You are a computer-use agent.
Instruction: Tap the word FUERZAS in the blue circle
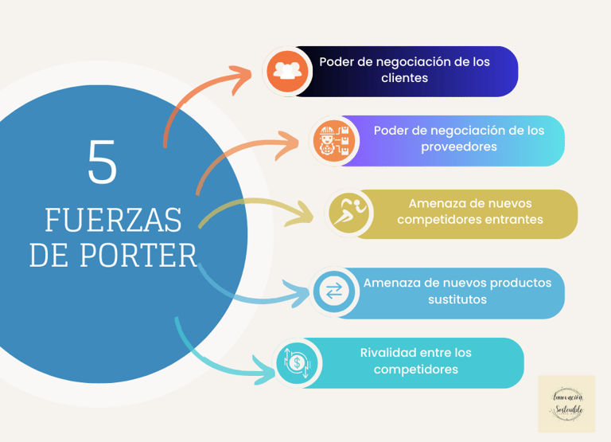(x=113, y=219)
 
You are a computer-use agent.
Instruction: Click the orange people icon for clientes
(x=286, y=71)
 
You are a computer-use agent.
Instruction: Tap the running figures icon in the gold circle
(x=350, y=213)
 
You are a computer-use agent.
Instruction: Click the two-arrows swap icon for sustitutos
(x=333, y=292)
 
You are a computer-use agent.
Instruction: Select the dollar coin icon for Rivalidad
(x=297, y=363)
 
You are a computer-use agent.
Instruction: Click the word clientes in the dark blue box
(x=404, y=78)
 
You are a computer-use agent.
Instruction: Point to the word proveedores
(x=459, y=147)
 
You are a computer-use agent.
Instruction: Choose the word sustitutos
(x=457, y=299)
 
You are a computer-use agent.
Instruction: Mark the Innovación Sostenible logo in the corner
(x=566, y=404)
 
